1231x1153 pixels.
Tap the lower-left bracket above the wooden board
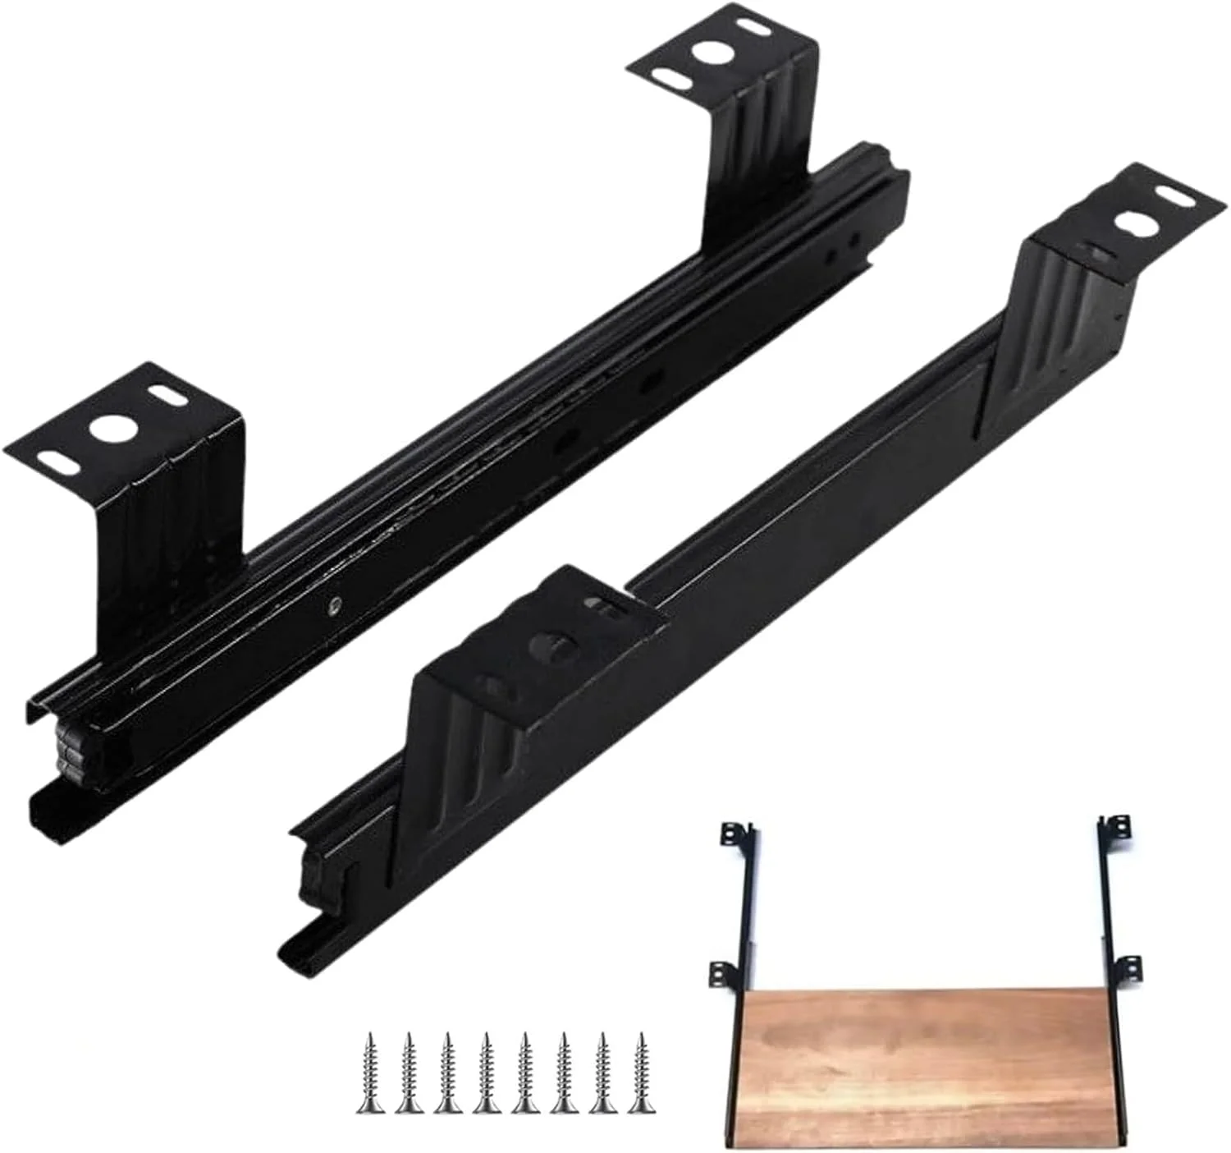tap(723, 974)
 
